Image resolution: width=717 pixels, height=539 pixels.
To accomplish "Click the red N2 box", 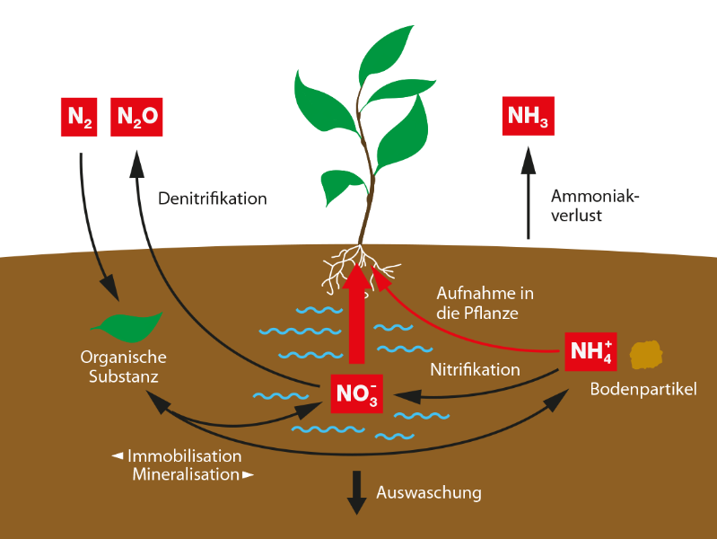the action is [79, 118].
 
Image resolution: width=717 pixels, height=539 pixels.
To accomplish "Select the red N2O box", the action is [136, 118].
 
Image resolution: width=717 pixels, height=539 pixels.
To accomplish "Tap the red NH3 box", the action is [529, 116].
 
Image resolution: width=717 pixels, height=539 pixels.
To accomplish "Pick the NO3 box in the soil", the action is [356, 393].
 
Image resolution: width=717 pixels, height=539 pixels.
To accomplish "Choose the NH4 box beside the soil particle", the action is [590, 352].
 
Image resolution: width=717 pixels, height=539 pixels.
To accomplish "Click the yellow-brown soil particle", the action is [646, 355].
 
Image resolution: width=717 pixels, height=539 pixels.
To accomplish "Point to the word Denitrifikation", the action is [212, 199].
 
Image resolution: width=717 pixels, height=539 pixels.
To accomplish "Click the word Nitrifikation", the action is [475, 369].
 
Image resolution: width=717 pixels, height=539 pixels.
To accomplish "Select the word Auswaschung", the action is [429, 493].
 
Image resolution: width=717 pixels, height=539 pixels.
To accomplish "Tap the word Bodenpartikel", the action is [643, 389].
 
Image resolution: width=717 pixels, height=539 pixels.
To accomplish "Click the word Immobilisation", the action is [185, 456].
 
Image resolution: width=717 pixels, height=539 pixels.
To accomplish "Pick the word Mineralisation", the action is [186, 474].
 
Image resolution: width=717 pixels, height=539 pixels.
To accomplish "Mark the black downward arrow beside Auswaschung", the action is [356, 493].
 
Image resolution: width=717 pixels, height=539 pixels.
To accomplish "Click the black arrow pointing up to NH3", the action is [529, 193].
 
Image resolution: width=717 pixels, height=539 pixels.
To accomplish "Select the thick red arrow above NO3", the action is [356, 314].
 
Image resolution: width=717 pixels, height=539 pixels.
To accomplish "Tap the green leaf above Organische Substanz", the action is [127, 327].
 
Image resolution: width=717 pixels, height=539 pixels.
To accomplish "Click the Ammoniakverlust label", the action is [594, 206].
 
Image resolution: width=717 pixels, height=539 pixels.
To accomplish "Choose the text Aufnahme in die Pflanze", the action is [485, 303].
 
